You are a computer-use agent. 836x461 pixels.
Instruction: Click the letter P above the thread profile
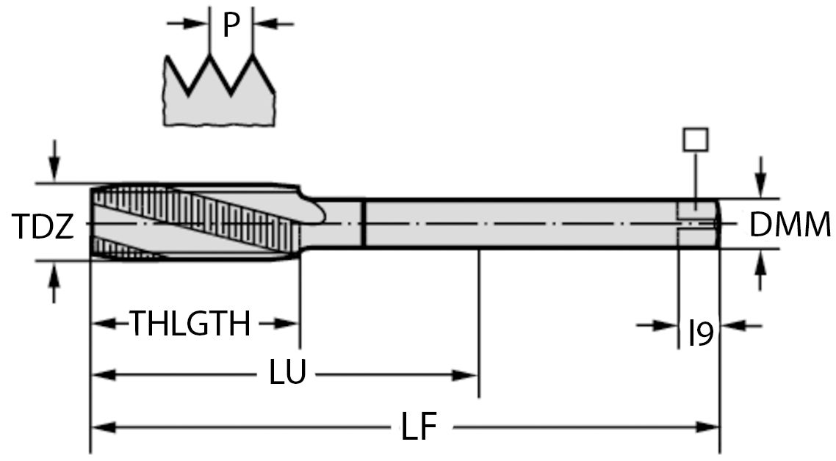point(231,26)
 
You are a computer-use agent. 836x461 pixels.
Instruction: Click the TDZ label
point(43,227)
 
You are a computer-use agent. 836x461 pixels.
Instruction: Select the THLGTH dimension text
point(190,324)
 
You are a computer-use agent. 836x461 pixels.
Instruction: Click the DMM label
point(790,225)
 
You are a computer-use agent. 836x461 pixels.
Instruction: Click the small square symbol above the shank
point(695,139)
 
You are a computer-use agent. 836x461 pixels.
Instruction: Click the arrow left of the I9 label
point(666,325)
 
